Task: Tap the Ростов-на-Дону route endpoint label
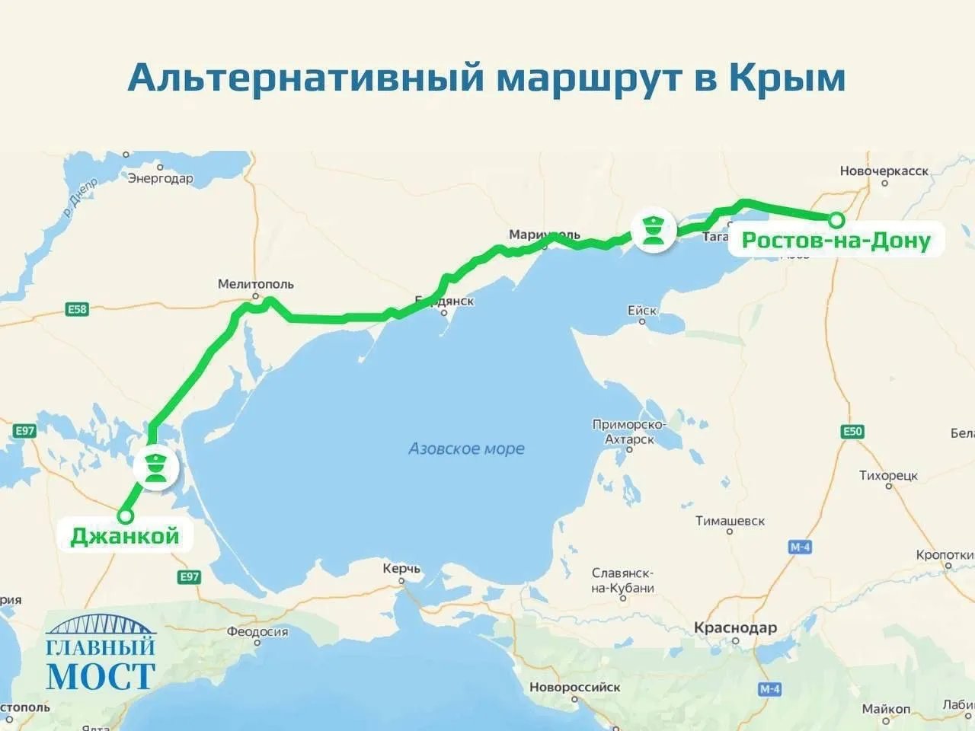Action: [836, 241]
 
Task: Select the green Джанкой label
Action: [125, 535]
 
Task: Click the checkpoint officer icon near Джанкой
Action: [156, 468]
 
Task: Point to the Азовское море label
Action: [466, 448]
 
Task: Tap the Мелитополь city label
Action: [255, 284]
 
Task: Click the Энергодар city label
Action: [160, 179]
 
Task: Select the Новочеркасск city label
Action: [884, 171]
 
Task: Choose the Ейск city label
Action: [641, 311]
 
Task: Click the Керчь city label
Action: [401, 569]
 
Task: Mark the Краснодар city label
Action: [735, 628]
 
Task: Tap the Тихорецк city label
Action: [888, 475]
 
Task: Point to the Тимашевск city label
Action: [730, 521]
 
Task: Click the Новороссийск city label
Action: [574, 687]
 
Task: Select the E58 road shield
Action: [77, 309]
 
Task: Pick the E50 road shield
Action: [852, 432]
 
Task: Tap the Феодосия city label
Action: [257, 631]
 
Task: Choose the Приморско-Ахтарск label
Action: [629, 432]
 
